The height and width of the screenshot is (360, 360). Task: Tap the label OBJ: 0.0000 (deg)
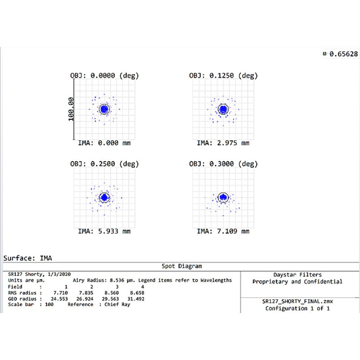tap(104, 76)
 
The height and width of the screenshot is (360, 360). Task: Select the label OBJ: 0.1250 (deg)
tap(223, 76)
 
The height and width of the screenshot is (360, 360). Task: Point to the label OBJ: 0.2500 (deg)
tap(104, 163)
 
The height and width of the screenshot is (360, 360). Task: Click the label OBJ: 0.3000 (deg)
tap(223, 163)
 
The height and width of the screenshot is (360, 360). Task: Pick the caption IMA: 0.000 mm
tap(104, 143)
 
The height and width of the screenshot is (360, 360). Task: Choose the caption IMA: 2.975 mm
tap(223, 143)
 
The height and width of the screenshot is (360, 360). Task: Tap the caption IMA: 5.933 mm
tap(104, 231)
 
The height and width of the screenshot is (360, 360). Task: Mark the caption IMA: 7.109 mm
tap(223, 231)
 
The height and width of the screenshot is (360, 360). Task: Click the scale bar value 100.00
tap(71, 109)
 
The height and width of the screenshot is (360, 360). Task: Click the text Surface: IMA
tap(27, 258)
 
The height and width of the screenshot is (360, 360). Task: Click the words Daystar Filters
tap(297, 274)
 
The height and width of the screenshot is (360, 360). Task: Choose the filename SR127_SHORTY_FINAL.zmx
tap(297, 301)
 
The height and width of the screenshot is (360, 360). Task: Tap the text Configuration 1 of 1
tap(297, 308)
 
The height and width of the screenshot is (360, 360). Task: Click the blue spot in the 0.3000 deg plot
tap(223, 197)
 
